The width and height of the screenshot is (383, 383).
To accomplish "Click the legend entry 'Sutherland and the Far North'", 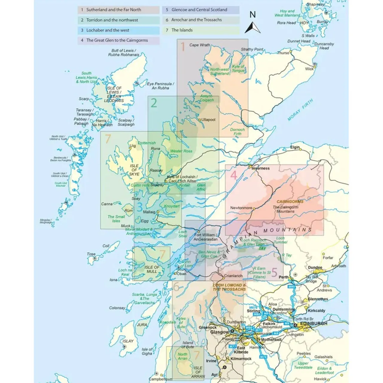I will coord(114,10).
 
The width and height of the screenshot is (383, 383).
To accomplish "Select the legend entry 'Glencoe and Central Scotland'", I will coord(199,10).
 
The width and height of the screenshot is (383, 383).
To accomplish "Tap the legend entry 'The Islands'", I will coord(182,30).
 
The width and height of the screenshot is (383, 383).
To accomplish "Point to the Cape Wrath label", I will coord(200,45).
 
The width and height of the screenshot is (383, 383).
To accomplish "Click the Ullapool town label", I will coord(208,120).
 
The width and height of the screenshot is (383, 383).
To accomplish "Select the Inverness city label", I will coord(260,168).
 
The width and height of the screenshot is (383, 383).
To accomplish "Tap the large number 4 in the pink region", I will coord(234,175).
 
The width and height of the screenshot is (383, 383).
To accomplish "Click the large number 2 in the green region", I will coord(153,103).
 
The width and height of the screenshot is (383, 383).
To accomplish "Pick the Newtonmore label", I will coord(241,208).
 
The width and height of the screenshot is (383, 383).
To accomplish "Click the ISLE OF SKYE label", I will coord(134,170).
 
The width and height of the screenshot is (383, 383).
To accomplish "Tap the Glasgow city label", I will coord(219,332).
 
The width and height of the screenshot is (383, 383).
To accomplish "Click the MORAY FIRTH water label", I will coord(300,110).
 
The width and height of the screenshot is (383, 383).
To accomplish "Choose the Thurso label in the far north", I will coord(283,53).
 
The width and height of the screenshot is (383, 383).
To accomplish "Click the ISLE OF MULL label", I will coord(152,269).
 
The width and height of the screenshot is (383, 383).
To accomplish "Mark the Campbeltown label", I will coord(161,379).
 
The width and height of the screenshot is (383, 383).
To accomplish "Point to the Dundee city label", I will coord(315,268).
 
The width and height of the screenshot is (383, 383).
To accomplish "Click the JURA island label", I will coord(142,325).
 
